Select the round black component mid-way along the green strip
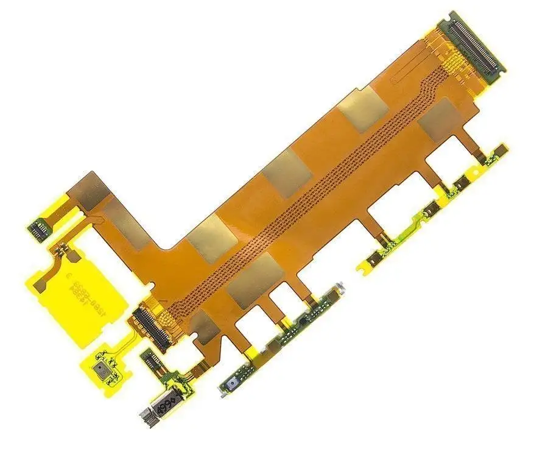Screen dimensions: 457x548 tap(302, 318)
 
